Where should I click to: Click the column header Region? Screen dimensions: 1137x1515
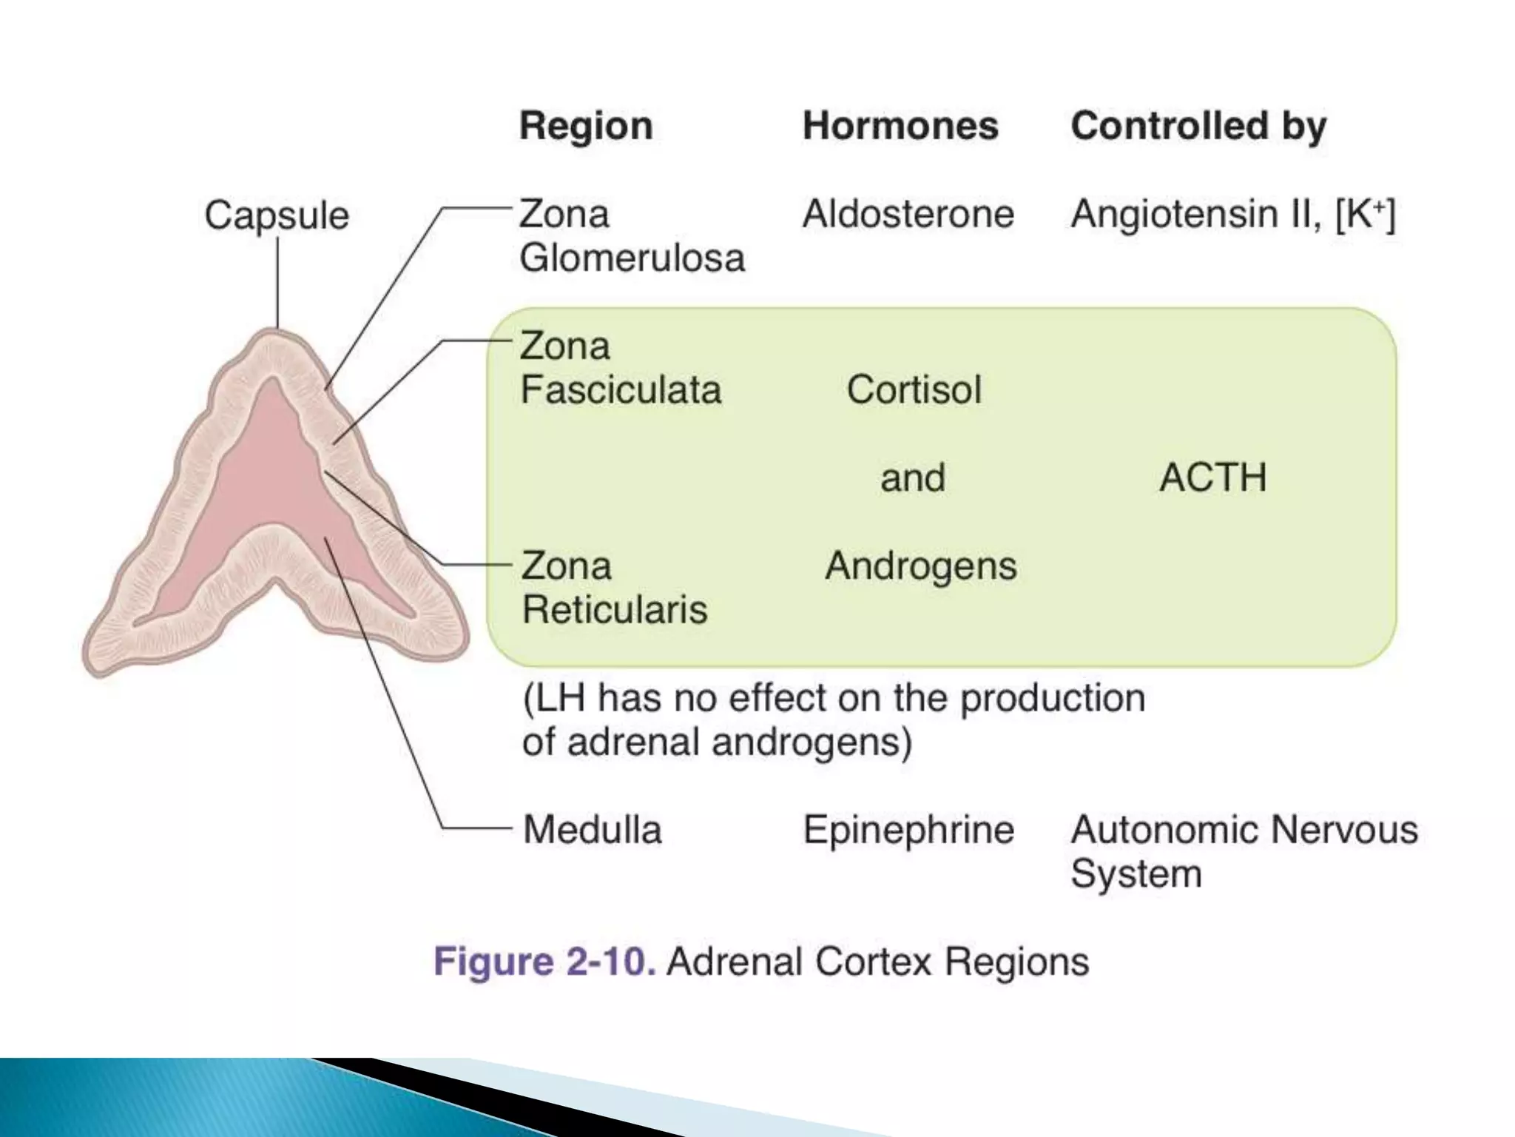586,126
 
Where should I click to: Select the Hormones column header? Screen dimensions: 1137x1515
900,126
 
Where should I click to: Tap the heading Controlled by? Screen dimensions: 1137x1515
1198,126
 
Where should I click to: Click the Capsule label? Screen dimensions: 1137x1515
277,216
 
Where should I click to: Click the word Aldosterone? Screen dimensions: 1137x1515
908,215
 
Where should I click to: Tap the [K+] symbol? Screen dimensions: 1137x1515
1366,215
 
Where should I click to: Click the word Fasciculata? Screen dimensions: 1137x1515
621,390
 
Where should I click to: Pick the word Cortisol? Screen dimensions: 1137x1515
914,390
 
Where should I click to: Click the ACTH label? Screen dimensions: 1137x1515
1213,477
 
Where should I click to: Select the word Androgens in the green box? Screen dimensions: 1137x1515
921,566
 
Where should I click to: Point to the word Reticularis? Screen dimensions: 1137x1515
615,610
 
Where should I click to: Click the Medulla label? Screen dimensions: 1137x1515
593,830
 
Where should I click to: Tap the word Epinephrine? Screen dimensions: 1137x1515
908,830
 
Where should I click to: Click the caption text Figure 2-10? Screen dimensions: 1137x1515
544,962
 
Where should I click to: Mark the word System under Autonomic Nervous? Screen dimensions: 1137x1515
1136,874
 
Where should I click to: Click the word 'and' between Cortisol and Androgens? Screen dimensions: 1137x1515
913,477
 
